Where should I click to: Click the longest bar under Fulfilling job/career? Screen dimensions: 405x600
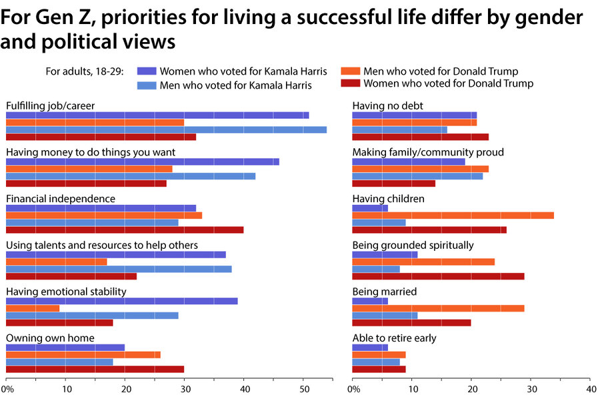point(166,129)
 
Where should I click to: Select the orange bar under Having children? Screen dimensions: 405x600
point(453,215)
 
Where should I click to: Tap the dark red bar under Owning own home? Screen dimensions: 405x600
point(95,369)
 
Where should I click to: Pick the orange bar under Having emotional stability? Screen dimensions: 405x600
point(33,308)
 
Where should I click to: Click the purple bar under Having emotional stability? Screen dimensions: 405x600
point(121,300)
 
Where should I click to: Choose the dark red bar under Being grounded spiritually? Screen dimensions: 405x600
point(438,276)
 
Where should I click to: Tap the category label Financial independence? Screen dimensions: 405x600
point(61,199)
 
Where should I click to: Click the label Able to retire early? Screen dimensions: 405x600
point(394,338)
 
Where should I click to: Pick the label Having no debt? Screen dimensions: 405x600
point(387,105)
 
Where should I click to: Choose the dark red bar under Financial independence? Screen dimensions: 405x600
point(125,230)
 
